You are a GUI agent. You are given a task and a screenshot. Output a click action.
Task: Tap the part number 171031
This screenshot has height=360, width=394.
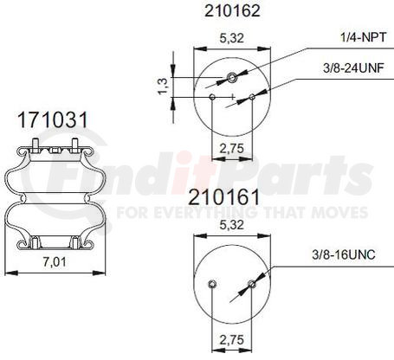pyautogui.click(x=51, y=121)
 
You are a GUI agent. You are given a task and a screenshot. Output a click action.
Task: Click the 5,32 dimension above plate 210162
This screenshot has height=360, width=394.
pyautogui.click(x=229, y=38)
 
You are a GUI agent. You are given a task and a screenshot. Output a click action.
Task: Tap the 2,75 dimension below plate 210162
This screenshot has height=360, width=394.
pyautogui.click(x=229, y=149)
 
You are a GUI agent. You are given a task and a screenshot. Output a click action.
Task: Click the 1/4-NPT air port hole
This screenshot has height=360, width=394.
pyautogui.click(x=232, y=80)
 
